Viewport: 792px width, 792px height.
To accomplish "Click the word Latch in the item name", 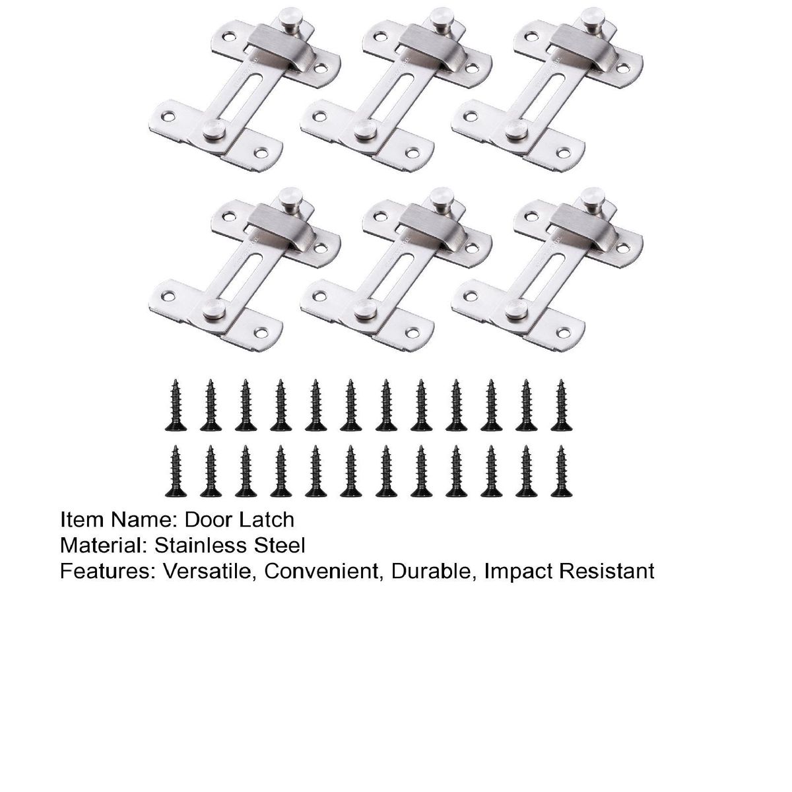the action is tap(267, 520).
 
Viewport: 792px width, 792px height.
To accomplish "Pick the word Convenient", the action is tap(321, 572).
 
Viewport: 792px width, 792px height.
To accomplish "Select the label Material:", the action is tap(104, 546).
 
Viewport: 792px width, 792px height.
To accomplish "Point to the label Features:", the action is tap(108, 572).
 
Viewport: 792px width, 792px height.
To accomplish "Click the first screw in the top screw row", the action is tap(176, 405).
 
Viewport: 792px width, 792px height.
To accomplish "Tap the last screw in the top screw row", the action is tap(561, 405).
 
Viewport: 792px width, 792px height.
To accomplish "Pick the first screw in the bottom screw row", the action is tap(176, 471).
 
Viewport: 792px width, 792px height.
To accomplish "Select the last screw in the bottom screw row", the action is tap(561, 471).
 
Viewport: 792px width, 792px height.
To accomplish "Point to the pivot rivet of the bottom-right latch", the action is tap(517, 309).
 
